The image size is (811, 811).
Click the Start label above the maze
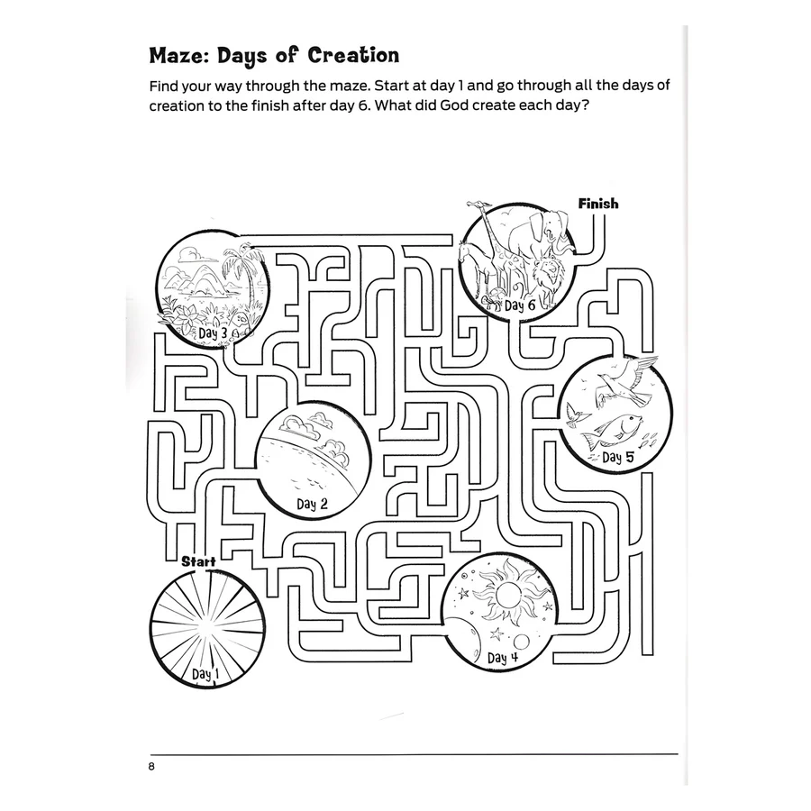pos(198,561)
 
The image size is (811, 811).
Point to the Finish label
pos(598,204)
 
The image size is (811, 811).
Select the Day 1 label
pos(205,674)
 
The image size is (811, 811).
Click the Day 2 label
pos(312,504)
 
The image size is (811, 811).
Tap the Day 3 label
pos(213,333)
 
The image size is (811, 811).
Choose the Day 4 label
pos(502,658)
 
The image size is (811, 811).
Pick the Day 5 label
pos(617,457)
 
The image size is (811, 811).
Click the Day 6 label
pos(520,305)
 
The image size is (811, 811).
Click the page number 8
pos(151,767)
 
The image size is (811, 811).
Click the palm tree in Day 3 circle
pos(244,279)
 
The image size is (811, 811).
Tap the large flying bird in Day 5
pos(626,383)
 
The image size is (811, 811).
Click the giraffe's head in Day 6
pos(477,206)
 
